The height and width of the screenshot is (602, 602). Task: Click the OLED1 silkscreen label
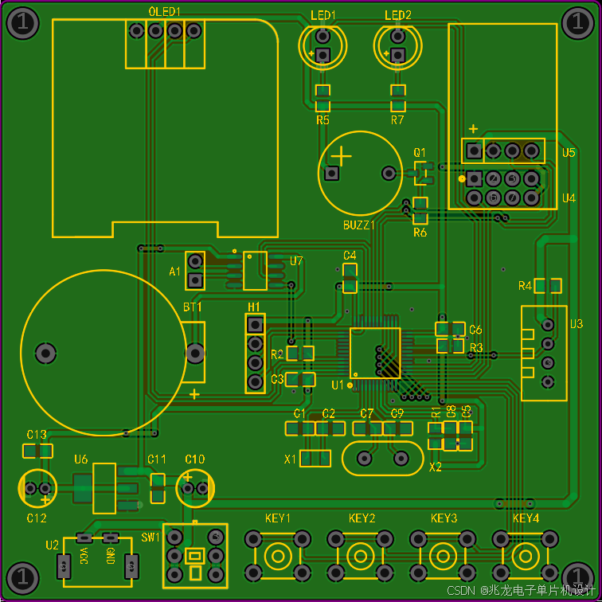164,12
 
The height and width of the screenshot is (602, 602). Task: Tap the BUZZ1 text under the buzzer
358,225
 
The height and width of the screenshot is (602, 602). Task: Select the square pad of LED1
322,55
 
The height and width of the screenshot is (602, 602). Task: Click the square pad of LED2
397,55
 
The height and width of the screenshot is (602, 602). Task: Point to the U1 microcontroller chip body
375,354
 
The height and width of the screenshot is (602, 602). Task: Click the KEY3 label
444,518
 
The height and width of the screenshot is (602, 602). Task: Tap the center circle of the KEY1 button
278,557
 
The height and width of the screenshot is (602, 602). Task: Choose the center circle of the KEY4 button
526,557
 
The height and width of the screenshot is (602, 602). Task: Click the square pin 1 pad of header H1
255,325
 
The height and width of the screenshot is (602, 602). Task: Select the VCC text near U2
84,556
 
